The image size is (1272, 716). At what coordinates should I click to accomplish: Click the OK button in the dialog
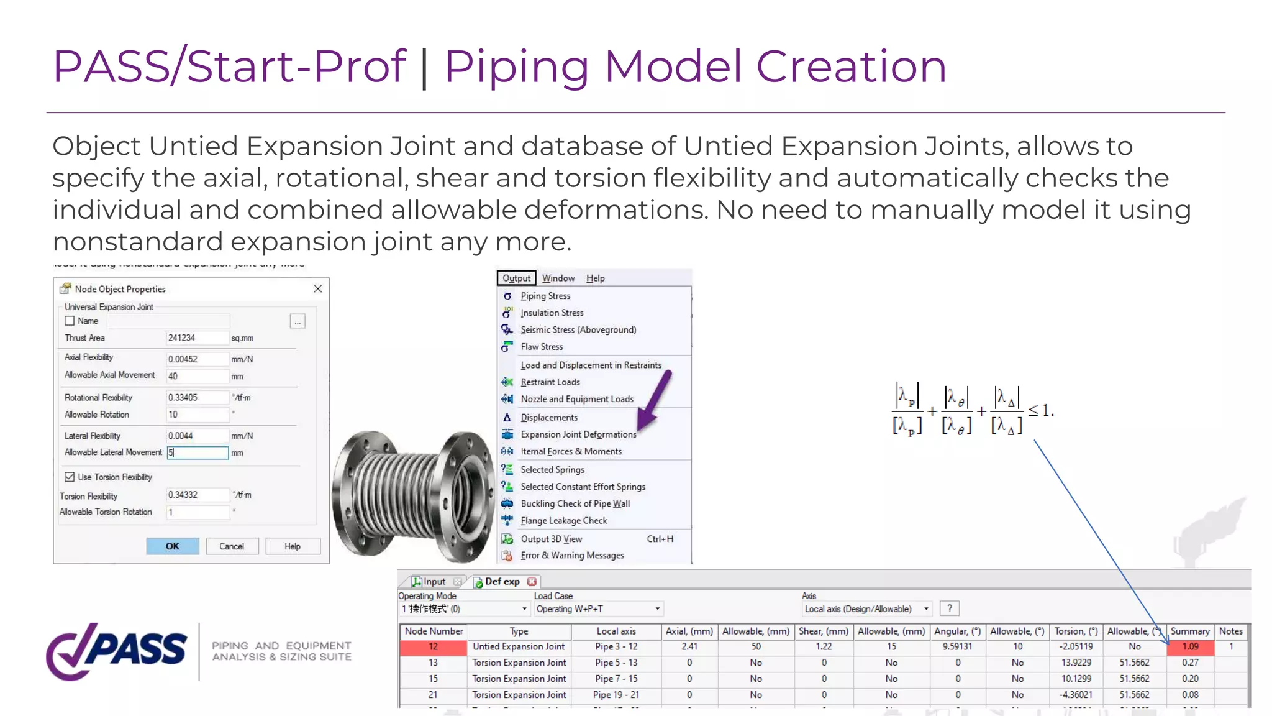pos(173,546)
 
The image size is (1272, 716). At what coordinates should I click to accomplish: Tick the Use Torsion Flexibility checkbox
pos(70,477)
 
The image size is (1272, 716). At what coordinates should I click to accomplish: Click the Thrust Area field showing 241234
pos(197,338)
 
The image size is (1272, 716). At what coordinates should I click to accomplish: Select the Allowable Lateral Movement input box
pos(198,452)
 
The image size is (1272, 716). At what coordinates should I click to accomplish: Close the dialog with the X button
pos(317,288)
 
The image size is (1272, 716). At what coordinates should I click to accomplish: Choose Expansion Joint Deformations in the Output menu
pos(578,434)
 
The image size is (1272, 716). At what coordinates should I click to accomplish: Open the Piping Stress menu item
pos(545,296)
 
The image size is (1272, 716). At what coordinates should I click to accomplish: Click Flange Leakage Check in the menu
pos(563,521)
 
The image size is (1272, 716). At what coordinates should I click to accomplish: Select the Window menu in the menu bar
pos(558,278)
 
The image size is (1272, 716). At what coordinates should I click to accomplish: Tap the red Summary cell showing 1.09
pos(1190,647)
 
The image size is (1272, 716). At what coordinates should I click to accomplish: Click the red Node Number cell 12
pos(433,647)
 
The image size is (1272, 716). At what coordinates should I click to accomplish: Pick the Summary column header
pos(1190,631)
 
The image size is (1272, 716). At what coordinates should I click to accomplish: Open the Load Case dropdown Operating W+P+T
pos(598,609)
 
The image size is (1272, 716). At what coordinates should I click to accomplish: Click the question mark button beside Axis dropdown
pos(950,608)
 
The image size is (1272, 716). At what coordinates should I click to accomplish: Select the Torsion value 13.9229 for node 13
pos(1076,663)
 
